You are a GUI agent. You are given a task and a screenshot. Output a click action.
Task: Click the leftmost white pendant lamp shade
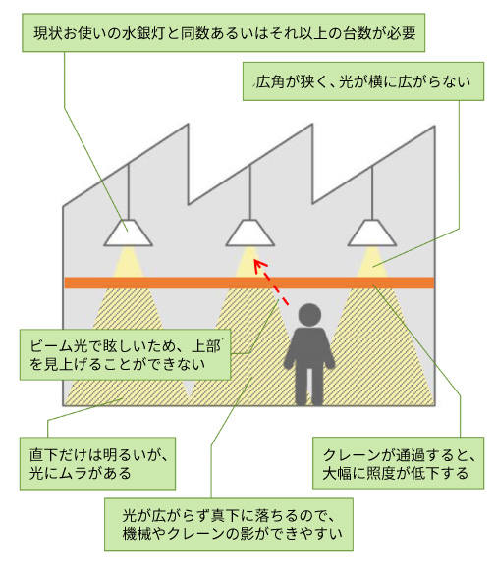(x=129, y=233)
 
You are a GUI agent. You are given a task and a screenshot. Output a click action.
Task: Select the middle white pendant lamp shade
(x=250, y=233)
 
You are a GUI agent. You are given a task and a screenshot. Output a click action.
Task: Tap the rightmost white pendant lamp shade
(x=372, y=233)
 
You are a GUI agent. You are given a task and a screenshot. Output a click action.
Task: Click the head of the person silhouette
(x=309, y=315)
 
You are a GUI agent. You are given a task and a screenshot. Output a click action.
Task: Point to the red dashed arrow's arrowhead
(x=259, y=265)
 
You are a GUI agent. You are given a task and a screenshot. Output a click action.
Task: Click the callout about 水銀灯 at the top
(x=224, y=32)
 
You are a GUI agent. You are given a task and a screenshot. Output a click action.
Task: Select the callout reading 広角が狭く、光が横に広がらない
(x=363, y=81)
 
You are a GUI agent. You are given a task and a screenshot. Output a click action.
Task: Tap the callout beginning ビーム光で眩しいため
(x=126, y=354)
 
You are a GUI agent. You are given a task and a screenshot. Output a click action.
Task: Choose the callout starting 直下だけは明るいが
(x=97, y=463)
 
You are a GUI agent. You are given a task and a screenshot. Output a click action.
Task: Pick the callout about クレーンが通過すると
(x=398, y=462)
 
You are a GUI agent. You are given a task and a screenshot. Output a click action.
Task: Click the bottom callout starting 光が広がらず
(x=229, y=525)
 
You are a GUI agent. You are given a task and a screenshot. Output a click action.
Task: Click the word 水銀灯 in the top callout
(x=142, y=33)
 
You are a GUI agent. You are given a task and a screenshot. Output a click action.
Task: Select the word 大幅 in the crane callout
(x=337, y=473)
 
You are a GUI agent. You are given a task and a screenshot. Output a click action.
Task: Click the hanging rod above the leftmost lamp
(x=129, y=191)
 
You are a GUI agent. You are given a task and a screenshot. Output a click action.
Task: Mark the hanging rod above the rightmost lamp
(x=372, y=192)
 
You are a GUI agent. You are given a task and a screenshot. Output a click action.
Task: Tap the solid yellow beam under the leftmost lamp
(x=129, y=262)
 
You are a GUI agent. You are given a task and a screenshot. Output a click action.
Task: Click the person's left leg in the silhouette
(x=302, y=386)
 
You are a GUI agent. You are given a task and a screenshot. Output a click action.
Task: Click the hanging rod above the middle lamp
(x=250, y=192)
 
